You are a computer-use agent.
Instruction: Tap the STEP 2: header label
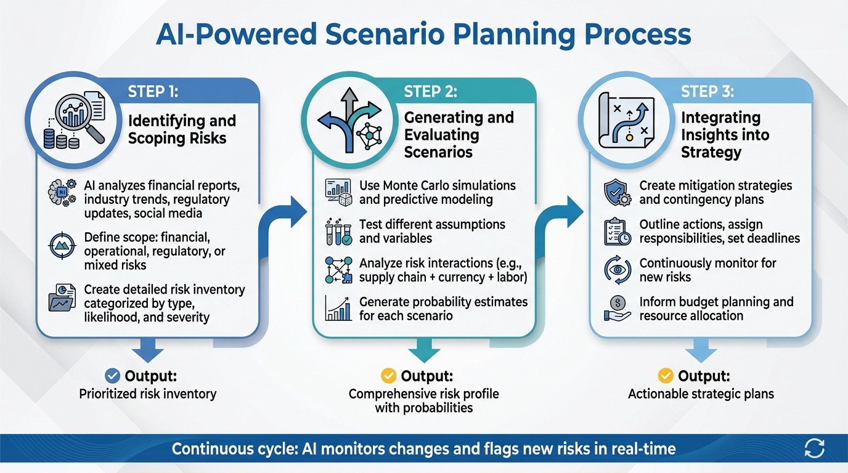[x=431, y=92]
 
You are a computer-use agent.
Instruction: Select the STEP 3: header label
[x=707, y=92]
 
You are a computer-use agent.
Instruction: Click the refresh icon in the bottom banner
[x=814, y=448]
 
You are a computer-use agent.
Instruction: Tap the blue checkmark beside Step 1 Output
[x=113, y=376]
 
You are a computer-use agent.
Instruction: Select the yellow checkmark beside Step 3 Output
[x=666, y=376]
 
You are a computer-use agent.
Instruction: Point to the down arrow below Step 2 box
[x=425, y=351]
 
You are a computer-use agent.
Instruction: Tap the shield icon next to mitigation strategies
[x=616, y=193]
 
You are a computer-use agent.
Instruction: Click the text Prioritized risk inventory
[x=148, y=394]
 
